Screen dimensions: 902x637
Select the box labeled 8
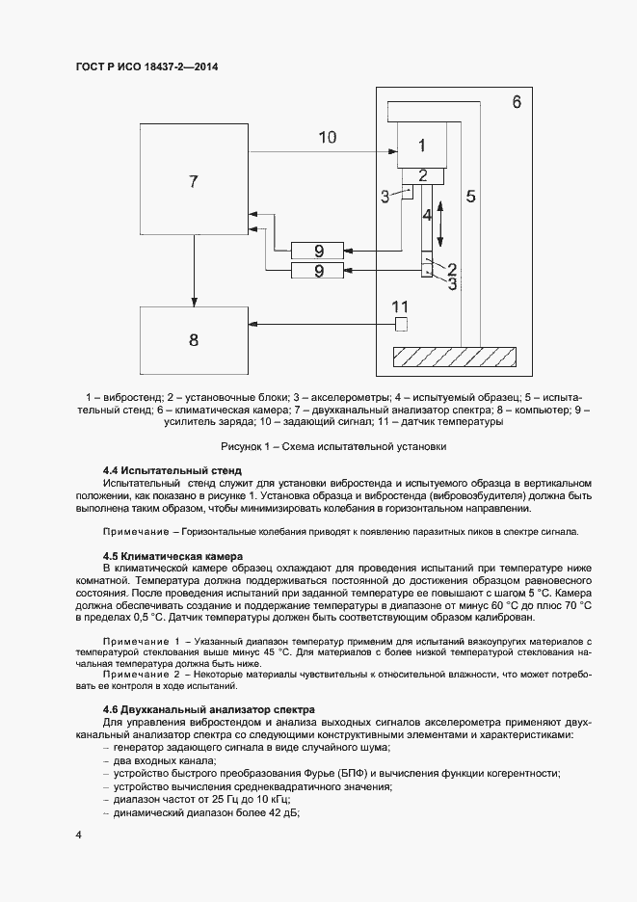[x=194, y=339]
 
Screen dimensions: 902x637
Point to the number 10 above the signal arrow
[x=327, y=137]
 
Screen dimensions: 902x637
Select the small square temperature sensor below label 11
[x=402, y=324]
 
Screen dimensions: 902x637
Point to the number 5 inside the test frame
[x=470, y=197]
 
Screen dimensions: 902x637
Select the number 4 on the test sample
[x=426, y=216]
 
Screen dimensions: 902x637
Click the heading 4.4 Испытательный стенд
[x=172, y=469]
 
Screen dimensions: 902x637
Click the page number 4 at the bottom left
[x=78, y=834]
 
